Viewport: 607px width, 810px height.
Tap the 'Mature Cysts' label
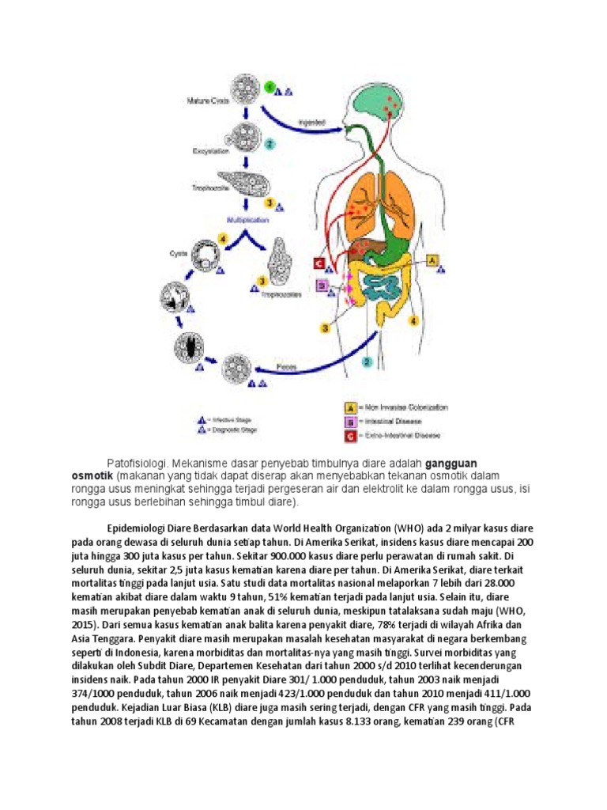tap(208, 100)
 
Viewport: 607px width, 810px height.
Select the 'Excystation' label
tap(208, 148)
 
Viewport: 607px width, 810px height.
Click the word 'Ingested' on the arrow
tap(311, 123)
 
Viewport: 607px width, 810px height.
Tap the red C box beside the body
tap(319, 264)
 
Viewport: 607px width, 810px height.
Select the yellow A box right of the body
tap(432, 259)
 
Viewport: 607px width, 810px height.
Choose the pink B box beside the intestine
tap(322, 286)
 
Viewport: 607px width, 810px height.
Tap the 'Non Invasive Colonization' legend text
tap(404, 408)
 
